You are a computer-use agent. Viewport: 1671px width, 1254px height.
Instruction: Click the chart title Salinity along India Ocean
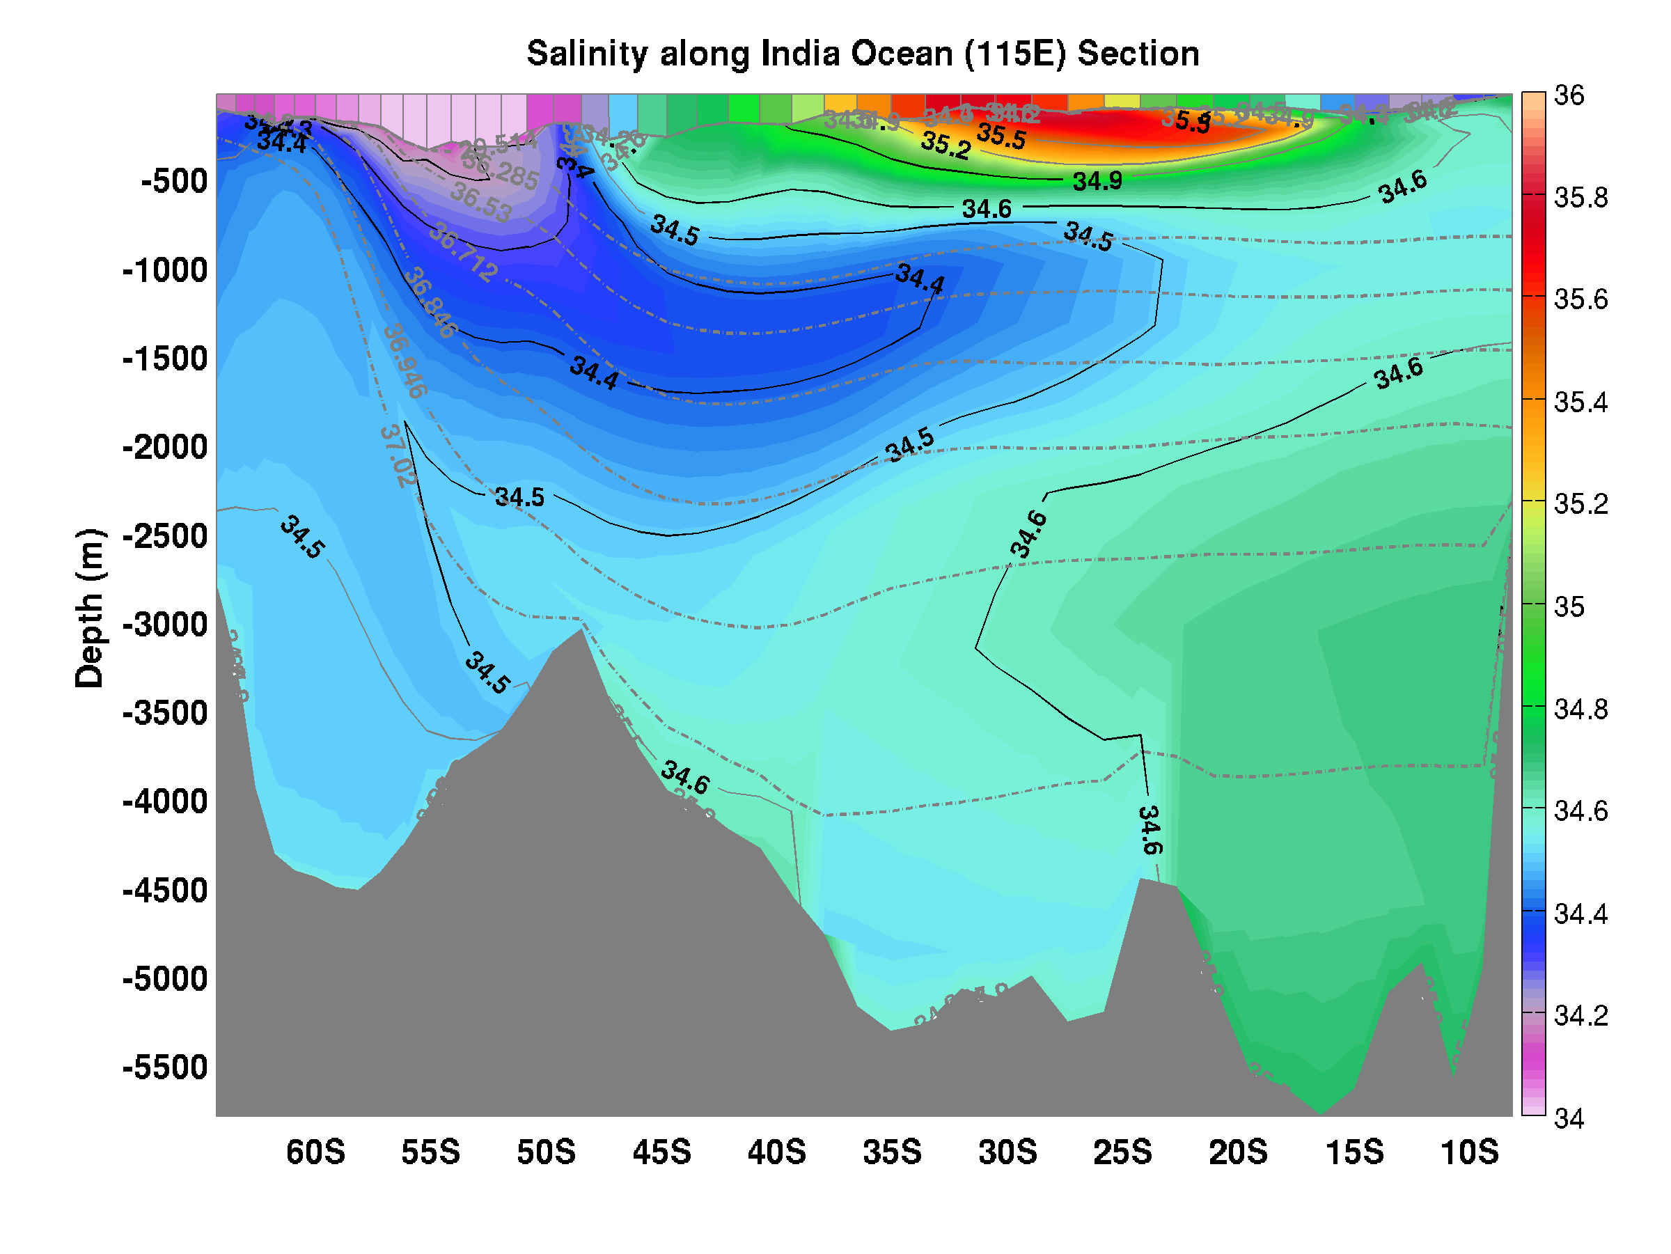click(863, 54)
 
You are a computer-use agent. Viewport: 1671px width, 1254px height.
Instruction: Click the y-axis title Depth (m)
click(90, 608)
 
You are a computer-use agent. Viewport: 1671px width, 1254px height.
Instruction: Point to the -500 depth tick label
click(175, 181)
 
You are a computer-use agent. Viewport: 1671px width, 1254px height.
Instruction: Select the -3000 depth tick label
click(165, 625)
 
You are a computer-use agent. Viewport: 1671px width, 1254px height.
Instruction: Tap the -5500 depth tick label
click(165, 1067)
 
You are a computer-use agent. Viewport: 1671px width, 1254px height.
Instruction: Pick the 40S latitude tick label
click(776, 1153)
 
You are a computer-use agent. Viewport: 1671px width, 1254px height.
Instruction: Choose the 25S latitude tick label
click(1122, 1153)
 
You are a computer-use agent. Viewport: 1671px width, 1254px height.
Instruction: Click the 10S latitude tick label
click(1469, 1153)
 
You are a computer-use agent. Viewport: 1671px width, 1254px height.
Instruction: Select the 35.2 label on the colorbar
click(1580, 504)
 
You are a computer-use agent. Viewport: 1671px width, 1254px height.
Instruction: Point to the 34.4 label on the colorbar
click(1580, 914)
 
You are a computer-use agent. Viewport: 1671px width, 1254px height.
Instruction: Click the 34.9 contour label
click(1097, 181)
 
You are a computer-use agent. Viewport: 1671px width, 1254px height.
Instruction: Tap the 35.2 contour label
click(946, 145)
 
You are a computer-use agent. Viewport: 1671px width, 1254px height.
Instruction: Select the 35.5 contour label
click(1002, 136)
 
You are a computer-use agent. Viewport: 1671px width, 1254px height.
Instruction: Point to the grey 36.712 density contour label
click(463, 253)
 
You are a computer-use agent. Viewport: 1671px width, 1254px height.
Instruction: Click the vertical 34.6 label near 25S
click(1149, 830)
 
